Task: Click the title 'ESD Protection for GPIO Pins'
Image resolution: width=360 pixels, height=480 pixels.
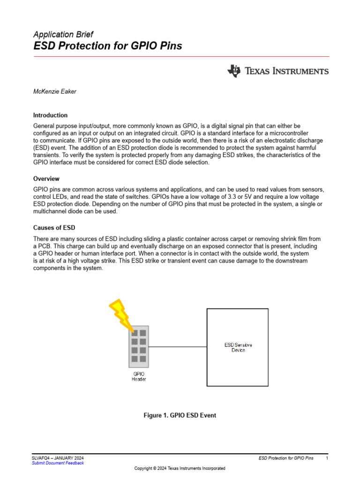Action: click(107, 46)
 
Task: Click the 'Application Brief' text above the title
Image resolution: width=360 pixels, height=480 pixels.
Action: click(63, 34)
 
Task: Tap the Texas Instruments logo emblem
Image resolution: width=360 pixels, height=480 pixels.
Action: click(233, 71)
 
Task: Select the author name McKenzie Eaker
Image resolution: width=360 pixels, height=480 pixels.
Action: click(54, 91)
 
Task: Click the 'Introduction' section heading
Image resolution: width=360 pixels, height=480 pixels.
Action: click(50, 115)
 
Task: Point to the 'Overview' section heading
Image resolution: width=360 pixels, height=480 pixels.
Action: click(46, 179)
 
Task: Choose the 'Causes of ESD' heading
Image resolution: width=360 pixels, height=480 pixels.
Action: click(54, 228)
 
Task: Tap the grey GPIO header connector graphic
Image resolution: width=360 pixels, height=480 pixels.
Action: click(139, 346)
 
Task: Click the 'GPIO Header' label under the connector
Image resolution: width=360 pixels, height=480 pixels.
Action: click(139, 376)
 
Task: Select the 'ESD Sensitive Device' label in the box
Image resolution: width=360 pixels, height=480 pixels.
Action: click(238, 347)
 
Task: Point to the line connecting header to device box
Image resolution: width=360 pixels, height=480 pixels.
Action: click(178, 347)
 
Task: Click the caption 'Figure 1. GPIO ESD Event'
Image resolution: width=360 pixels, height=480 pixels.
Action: click(180, 415)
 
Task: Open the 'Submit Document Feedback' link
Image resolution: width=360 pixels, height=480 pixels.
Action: click(58, 463)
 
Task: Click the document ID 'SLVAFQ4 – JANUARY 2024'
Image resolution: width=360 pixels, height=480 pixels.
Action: click(58, 457)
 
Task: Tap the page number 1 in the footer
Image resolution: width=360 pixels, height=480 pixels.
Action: click(327, 457)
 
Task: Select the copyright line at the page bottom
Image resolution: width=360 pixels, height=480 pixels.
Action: click(180, 468)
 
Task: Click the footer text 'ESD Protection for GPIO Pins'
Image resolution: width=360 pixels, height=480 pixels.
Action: click(286, 457)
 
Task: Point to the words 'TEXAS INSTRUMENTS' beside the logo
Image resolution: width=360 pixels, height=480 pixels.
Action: click(286, 71)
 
